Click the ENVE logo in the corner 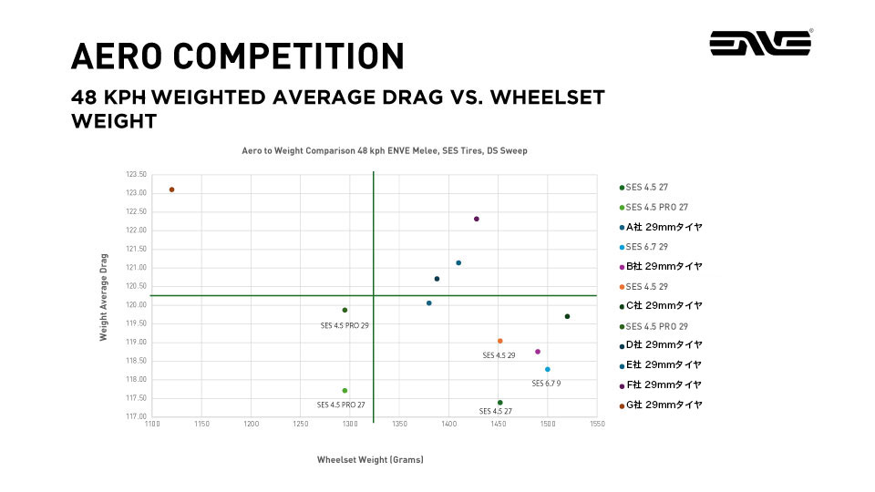coord(761,43)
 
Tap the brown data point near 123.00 coord(171,190)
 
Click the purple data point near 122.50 coord(477,219)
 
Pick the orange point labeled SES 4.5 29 coord(500,341)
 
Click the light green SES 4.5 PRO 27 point coord(345,390)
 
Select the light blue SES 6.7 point coord(548,369)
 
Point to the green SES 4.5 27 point coord(500,403)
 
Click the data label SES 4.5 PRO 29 coord(345,325)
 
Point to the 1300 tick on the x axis coord(350,425)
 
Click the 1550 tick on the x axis coord(597,425)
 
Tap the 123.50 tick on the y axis coord(136,174)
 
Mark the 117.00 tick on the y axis coord(136,417)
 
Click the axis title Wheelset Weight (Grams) coord(370,459)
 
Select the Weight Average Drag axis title coord(104,297)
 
